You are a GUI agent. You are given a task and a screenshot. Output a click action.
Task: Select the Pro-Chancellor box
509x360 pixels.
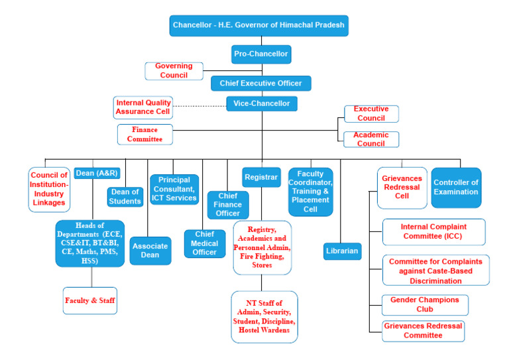(262, 53)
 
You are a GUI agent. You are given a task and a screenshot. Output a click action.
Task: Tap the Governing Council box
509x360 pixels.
(174, 70)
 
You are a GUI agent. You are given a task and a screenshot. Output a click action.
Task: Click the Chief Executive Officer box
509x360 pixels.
(260, 84)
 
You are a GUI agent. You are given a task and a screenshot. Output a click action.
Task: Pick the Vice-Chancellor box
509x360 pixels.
(261, 103)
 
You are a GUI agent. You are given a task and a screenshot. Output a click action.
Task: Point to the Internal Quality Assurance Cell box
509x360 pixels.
(144, 107)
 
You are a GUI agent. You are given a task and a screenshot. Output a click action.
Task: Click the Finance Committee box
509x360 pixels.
(145, 134)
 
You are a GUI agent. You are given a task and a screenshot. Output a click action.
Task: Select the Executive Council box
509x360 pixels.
(371, 113)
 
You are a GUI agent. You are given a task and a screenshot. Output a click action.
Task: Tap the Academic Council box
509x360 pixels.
(371, 139)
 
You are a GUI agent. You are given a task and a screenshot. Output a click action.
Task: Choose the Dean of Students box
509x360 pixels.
(125, 197)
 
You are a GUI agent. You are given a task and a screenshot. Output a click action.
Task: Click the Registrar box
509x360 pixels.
(261, 178)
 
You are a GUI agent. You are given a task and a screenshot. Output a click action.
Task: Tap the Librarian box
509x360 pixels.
(343, 251)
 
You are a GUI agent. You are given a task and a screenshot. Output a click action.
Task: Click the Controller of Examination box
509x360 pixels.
(456, 187)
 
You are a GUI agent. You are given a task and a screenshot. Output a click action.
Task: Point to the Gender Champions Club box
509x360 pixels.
(425, 305)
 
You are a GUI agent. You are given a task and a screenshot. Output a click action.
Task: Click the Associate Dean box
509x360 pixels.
(150, 251)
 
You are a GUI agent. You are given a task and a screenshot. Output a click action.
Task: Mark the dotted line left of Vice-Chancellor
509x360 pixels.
(199, 105)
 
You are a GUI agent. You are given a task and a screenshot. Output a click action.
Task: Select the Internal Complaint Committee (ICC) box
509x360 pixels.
(433, 231)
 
